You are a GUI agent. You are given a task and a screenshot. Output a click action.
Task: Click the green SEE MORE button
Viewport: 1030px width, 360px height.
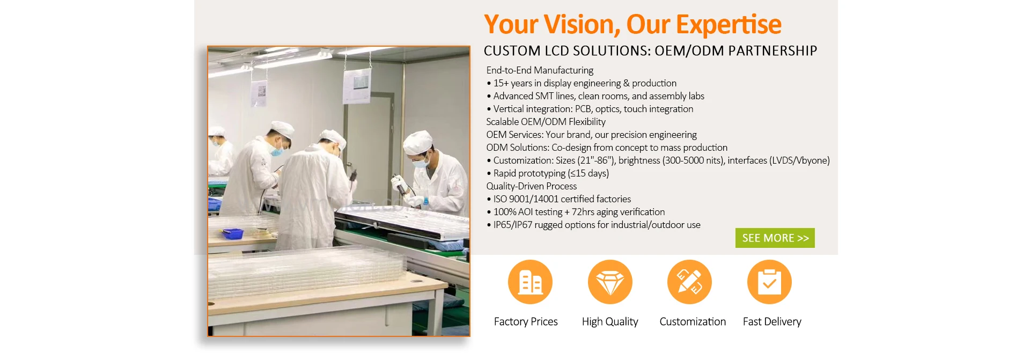[x=775, y=238]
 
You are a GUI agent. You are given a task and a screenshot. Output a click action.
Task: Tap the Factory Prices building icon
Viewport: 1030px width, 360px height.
[x=530, y=282]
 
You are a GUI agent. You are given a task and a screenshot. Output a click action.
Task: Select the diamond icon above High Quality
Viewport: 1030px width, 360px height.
[x=610, y=282]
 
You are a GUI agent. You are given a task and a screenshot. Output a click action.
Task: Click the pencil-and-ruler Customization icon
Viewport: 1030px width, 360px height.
[x=689, y=282]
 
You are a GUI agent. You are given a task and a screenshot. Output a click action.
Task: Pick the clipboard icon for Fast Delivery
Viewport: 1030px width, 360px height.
[x=769, y=282]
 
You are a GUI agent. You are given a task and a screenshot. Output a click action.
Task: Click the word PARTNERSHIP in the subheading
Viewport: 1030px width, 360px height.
[x=772, y=51]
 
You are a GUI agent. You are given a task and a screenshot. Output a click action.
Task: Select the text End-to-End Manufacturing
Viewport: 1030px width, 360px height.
[x=540, y=70]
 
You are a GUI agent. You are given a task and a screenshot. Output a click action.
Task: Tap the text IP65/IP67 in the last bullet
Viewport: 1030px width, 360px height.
[x=513, y=225]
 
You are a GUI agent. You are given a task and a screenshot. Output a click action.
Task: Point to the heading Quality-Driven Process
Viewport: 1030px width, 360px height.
[x=532, y=186]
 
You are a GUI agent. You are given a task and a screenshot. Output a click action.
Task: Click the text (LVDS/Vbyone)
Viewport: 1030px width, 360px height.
[x=799, y=160]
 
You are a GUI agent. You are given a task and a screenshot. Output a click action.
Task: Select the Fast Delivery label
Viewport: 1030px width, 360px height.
[x=772, y=321]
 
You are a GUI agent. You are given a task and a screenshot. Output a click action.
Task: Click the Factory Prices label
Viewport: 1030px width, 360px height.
[x=526, y=321]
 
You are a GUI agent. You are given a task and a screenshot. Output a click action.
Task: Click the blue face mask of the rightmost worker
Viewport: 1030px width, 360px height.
[x=420, y=162]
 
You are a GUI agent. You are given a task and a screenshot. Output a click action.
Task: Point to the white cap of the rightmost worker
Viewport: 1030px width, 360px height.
[x=417, y=142]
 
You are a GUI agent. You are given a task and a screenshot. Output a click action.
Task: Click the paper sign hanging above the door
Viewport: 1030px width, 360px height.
[x=356, y=86]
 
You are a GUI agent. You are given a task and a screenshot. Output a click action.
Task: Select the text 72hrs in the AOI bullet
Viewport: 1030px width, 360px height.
[x=583, y=212]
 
